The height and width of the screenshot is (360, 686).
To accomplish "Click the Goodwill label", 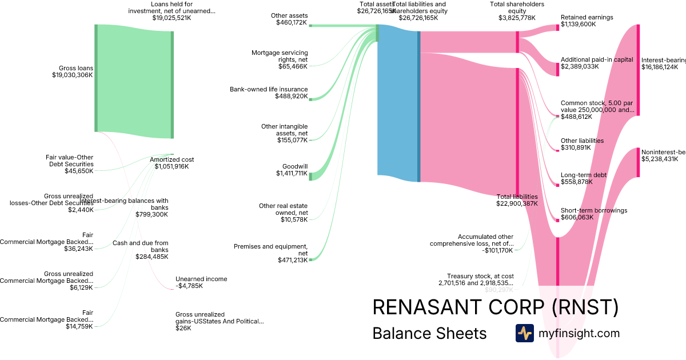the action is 294,167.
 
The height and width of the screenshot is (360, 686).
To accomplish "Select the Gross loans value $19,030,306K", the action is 72,75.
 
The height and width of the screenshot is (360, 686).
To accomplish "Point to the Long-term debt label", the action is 583,175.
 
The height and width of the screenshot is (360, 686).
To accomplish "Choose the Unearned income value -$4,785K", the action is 189,286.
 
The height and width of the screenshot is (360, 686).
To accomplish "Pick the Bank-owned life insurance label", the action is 269,89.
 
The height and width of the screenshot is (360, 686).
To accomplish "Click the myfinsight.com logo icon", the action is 524,333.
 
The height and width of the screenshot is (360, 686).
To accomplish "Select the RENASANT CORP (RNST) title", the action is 495,307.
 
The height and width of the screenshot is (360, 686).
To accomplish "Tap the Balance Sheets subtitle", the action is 429,333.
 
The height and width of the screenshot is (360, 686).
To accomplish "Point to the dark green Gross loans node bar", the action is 96,78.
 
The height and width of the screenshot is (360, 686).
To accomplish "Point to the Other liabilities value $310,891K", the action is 576,147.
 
